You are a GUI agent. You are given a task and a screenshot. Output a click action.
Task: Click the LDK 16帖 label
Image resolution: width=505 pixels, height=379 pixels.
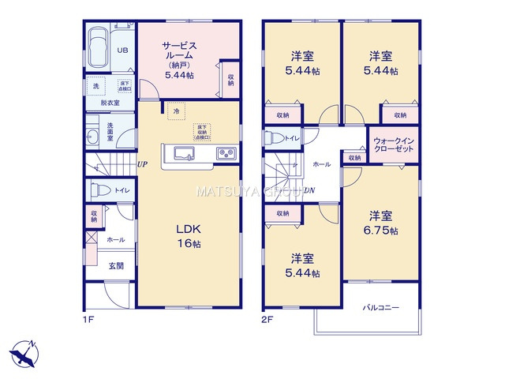point(188,236)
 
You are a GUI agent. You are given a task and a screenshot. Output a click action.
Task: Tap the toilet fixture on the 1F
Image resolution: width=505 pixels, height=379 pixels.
point(100,191)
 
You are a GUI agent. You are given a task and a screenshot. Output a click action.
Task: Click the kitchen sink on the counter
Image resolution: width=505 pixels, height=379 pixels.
point(181,152)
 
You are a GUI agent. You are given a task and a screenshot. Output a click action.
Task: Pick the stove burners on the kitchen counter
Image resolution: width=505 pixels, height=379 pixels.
point(224,152)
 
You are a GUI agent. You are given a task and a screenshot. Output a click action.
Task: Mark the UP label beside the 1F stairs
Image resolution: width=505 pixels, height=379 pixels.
point(142,164)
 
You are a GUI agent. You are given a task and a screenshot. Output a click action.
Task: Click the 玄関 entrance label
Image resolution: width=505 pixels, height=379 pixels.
point(115,266)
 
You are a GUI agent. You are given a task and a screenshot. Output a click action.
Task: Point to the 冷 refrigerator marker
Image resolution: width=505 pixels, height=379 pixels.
point(175,113)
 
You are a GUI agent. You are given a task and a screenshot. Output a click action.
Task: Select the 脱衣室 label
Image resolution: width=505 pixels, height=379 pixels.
point(110,103)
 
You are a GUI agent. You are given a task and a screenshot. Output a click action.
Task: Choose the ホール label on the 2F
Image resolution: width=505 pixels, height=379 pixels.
point(322,164)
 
